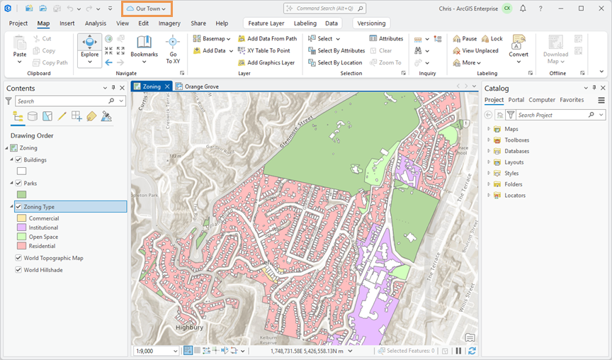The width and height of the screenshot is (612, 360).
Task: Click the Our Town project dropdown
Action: pyautogui.click(x=147, y=9)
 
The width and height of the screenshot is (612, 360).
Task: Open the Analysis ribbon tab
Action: pyautogui.click(x=96, y=23)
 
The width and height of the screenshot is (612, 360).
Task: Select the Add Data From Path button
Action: pyautogui.click(x=267, y=39)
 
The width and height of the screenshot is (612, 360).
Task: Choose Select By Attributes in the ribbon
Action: pyautogui.click(x=336, y=51)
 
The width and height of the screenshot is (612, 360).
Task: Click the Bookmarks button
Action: pyautogui.click(x=144, y=50)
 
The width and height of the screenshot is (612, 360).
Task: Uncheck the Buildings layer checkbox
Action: pyautogui.click(x=18, y=160)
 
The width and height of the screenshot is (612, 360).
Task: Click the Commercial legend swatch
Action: pyautogui.click(x=21, y=219)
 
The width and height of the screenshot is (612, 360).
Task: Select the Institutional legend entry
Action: pyautogui.click(x=44, y=228)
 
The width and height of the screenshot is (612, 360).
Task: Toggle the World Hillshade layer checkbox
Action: pyautogui.click(x=18, y=270)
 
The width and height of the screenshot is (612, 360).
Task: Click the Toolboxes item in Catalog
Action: pyautogui.click(x=516, y=140)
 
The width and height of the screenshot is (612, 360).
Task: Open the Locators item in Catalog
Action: pyautogui.click(x=514, y=195)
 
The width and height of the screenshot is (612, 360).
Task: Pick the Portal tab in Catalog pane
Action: pyautogui.click(x=516, y=100)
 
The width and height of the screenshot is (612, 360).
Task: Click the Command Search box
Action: pyautogui.click(x=325, y=9)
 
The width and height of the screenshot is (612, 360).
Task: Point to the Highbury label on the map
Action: pyautogui.click(x=189, y=328)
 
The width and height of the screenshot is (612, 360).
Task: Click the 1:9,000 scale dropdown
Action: pyautogui.click(x=157, y=351)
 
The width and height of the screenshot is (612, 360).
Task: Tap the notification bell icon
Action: pyautogui.click(x=523, y=9)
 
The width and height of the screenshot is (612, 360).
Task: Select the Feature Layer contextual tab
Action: pyautogui.click(x=266, y=23)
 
